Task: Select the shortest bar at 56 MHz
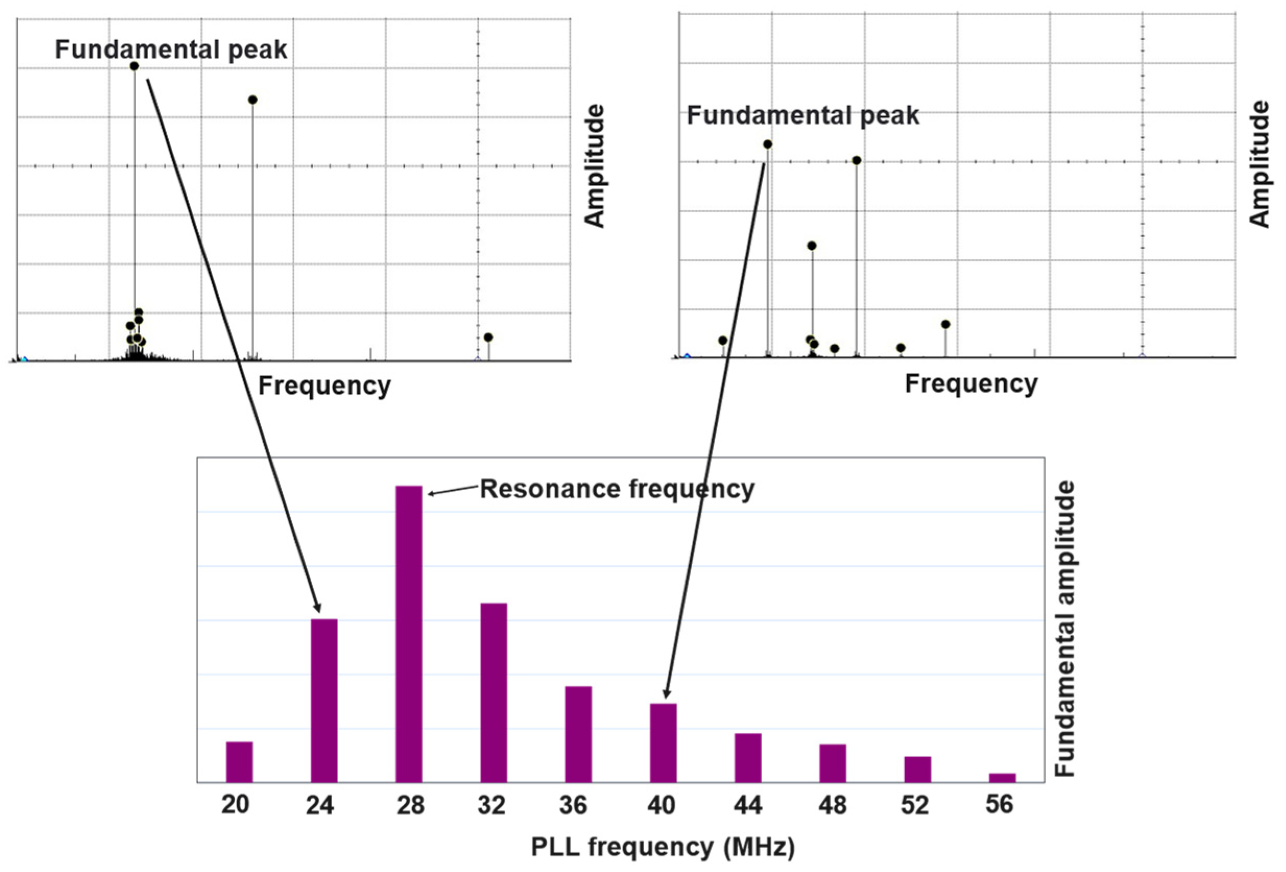tap(1002, 778)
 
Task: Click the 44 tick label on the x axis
tap(748, 805)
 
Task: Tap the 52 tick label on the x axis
tap(915, 805)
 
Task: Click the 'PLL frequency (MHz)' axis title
tap(663, 847)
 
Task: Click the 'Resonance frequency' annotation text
tap(617, 489)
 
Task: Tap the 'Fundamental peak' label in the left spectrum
tap(171, 50)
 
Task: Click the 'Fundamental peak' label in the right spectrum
tap(803, 116)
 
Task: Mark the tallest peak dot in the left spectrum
tap(134, 66)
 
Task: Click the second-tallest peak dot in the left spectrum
tap(253, 100)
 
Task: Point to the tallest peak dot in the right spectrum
tap(767, 144)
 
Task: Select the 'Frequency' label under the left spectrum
tap(325, 385)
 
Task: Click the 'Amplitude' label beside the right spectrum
tap(1260, 164)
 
